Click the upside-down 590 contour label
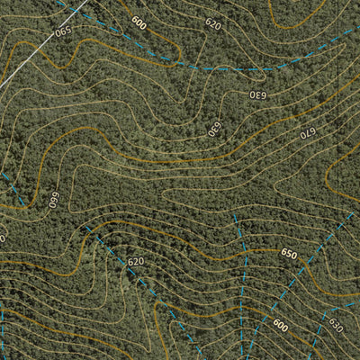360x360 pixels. point(62,31)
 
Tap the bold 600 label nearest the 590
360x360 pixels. point(138,22)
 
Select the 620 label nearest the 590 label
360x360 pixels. point(212,24)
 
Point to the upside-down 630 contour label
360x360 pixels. point(257,94)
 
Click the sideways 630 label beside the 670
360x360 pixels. point(214,129)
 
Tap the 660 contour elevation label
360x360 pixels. point(53,199)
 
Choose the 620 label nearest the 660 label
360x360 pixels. point(135,262)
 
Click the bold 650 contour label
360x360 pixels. point(288,255)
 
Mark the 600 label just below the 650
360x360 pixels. point(281,326)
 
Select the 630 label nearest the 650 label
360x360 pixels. point(335,324)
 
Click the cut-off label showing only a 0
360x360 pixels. point(3,238)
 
